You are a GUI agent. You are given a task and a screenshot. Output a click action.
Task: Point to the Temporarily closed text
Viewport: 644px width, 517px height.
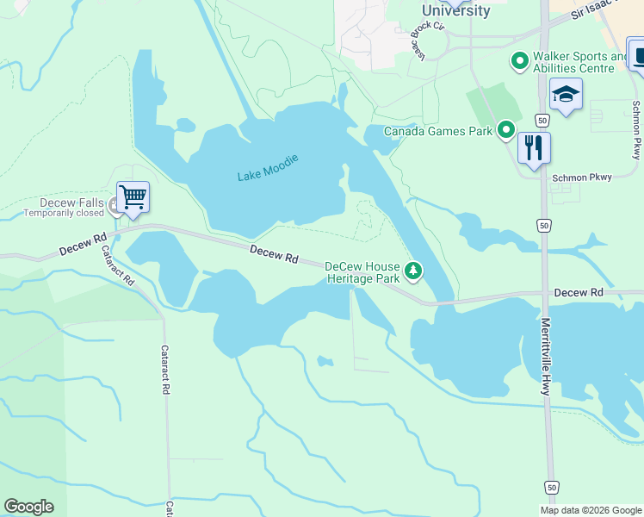pos(64,214)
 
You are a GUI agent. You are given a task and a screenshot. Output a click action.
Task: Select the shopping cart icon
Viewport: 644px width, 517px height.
pos(133,196)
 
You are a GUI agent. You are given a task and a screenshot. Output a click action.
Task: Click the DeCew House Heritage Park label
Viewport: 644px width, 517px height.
pos(362,272)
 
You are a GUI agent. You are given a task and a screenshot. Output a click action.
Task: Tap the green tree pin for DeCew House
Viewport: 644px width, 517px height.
pos(414,271)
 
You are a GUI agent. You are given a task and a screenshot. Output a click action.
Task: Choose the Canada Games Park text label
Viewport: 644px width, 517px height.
pos(437,132)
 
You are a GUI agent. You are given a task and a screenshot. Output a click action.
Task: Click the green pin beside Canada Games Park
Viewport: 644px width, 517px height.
pos(506,131)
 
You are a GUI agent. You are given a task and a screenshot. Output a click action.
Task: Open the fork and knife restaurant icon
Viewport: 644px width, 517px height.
pos(534,147)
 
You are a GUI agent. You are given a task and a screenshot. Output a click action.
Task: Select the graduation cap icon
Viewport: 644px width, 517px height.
pos(566,94)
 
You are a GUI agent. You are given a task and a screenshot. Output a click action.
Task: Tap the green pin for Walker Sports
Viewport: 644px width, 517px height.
pos(519,61)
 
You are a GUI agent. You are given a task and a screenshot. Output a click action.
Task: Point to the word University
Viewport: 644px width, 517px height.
pos(455,11)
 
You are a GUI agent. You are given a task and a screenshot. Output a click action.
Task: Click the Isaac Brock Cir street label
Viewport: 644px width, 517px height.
pos(428,40)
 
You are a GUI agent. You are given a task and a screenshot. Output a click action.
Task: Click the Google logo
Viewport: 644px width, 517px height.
pos(28,507)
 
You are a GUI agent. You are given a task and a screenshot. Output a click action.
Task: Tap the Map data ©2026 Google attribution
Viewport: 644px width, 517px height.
pos(591,510)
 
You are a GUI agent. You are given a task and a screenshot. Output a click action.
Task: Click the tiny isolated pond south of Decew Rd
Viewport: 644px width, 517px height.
pos(325,361)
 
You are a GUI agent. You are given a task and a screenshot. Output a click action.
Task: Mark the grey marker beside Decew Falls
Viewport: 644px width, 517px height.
pos(113,204)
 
